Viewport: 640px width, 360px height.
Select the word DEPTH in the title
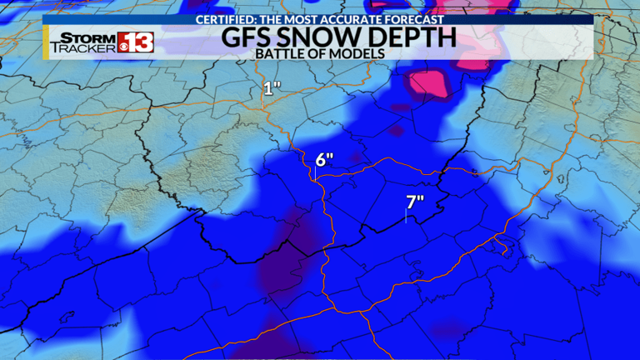coord(413,37)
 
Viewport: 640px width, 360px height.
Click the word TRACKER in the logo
coord(82,48)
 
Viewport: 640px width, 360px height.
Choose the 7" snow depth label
coord(415,201)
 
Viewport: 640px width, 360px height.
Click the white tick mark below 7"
coord(405,217)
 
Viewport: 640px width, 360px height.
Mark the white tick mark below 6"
coord(315,176)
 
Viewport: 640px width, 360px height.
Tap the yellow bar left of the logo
coord(46,42)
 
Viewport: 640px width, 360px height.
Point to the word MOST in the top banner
coord(303,18)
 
